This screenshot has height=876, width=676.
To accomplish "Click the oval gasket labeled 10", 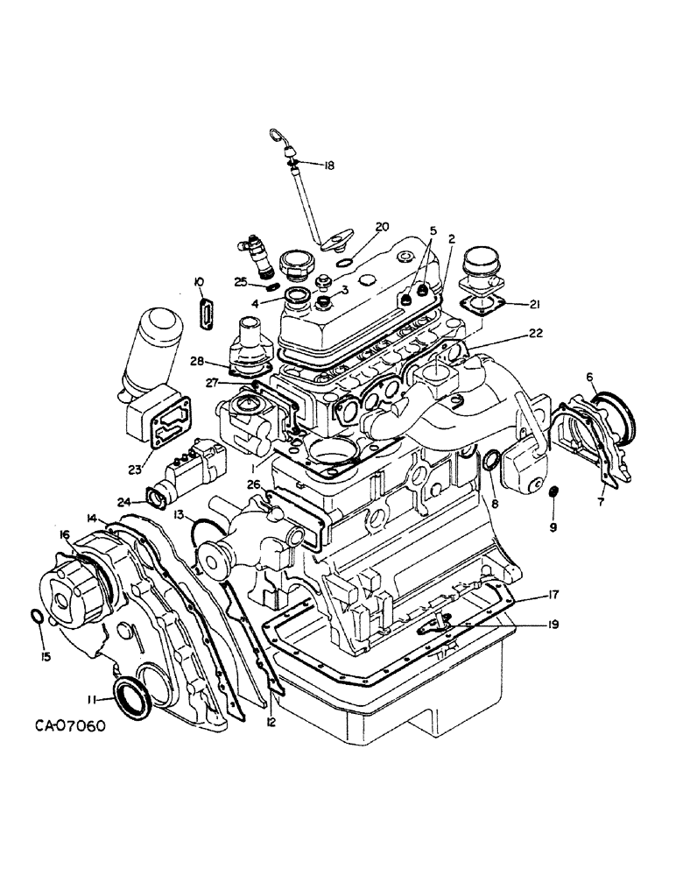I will pyautogui.click(x=207, y=312).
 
